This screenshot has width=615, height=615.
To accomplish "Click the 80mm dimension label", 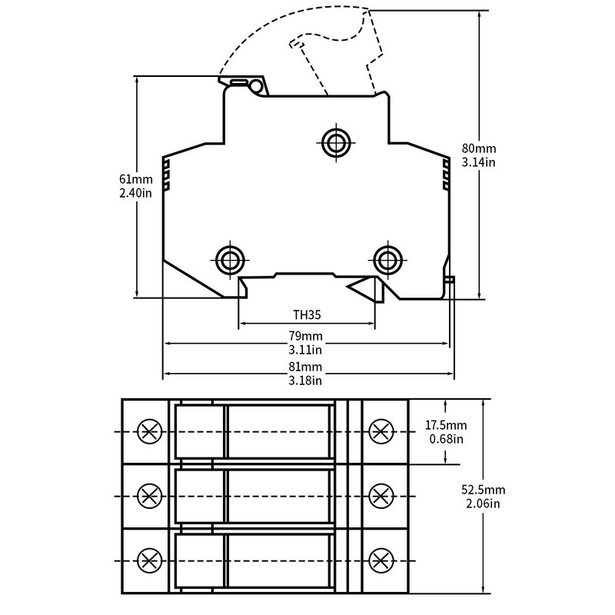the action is (x=478, y=148).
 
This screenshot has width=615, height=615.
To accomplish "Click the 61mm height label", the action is (x=136, y=179).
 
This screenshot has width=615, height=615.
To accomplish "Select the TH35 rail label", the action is (x=307, y=314).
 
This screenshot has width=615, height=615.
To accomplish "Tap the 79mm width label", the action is (x=305, y=336).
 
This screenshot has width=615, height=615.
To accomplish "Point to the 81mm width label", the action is (x=305, y=367).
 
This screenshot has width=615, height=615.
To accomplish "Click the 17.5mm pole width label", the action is (x=446, y=425).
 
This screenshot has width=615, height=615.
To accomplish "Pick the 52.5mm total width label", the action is (x=484, y=490).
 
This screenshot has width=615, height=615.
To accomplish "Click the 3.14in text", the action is (x=478, y=162).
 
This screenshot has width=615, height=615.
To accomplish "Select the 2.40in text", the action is (x=135, y=193).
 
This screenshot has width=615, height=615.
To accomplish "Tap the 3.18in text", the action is (x=305, y=381).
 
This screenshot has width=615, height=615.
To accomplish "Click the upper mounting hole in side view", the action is (x=336, y=143).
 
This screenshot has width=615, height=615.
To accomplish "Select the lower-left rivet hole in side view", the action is (x=230, y=260).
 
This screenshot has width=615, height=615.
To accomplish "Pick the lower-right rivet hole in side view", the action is (x=388, y=260).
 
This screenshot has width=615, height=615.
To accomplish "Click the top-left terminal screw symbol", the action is (x=149, y=431).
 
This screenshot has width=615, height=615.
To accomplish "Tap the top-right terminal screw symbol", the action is (x=381, y=431).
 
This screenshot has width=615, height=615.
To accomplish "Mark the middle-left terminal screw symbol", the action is (x=149, y=496).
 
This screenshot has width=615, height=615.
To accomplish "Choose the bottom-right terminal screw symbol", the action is (x=381, y=560).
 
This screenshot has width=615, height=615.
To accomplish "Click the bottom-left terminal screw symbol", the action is (x=149, y=560).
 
